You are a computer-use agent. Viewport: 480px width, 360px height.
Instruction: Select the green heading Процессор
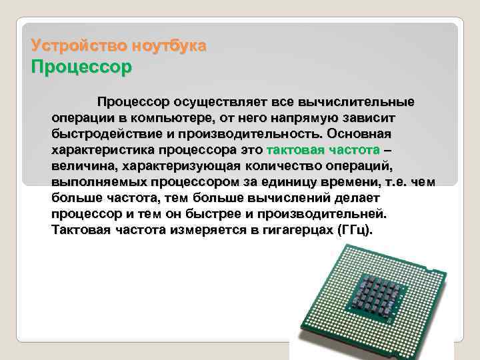tap(82, 67)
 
